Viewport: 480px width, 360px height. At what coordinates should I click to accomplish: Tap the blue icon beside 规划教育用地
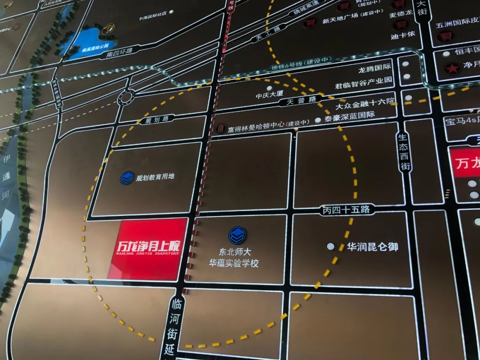point(127,178)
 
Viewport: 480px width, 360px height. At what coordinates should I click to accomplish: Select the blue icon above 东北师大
point(237,236)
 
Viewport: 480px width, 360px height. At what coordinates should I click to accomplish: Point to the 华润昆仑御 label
point(372,247)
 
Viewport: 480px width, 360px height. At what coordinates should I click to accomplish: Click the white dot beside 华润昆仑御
point(331,246)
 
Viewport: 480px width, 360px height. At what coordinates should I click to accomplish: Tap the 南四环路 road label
point(114,52)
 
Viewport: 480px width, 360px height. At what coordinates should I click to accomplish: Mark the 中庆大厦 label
point(269,94)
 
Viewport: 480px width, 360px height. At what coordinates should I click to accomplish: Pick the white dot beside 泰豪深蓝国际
point(317,120)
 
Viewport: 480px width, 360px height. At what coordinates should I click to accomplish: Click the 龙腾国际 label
point(375,67)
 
